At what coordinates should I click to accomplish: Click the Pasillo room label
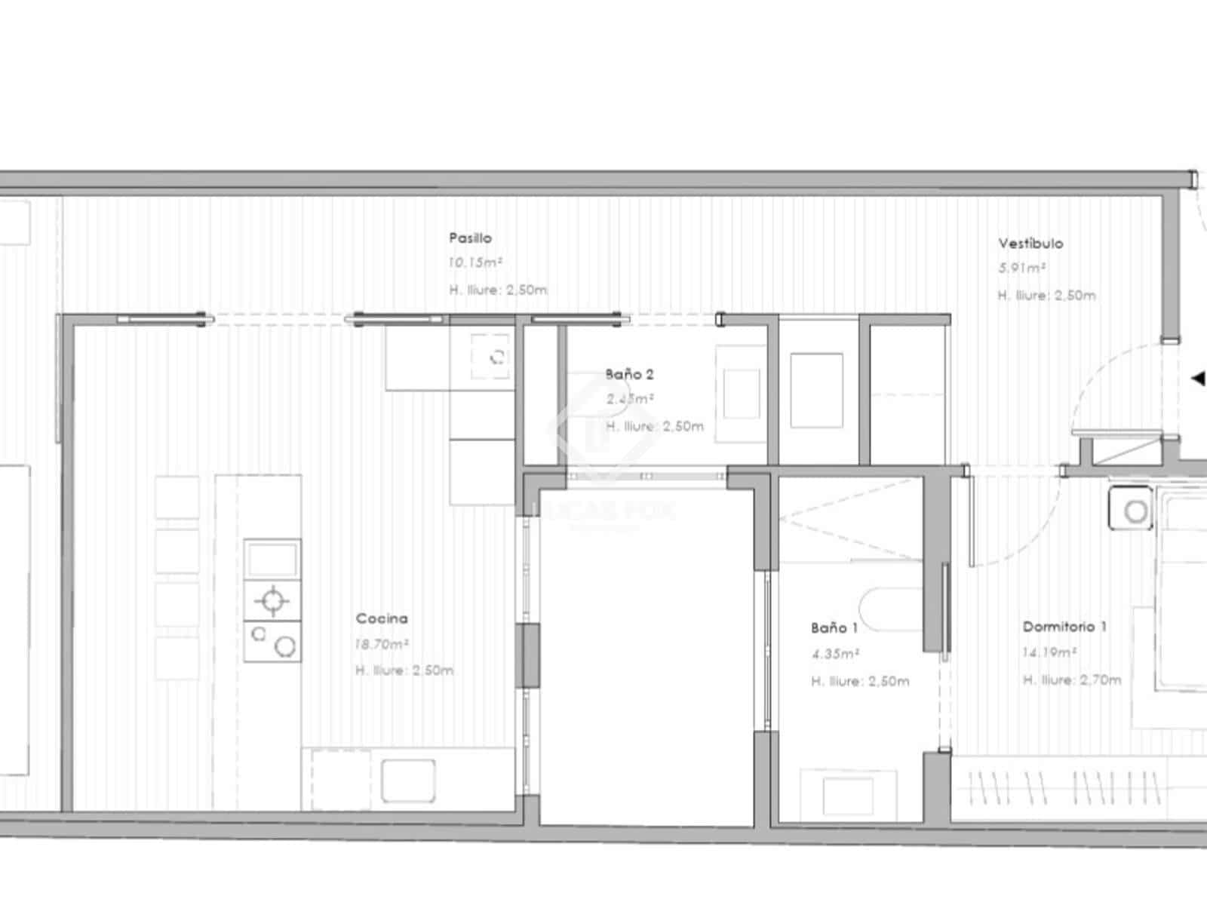tap(470, 238)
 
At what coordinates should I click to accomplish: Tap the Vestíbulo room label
tap(1030, 244)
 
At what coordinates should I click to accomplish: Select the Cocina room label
tap(382, 618)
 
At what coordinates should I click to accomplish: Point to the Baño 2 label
tap(629, 374)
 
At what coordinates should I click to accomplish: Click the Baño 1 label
tap(834, 627)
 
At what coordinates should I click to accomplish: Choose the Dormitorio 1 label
tap(1064, 627)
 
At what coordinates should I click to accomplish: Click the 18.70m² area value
tap(382, 645)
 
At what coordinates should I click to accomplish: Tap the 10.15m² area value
tap(475, 263)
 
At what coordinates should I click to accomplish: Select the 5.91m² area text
tap(1021, 268)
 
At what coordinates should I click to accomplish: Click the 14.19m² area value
tap(1049, 652)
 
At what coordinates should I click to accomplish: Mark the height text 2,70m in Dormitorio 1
tap(1101, 680)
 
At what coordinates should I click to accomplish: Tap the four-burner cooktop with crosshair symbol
tap(272, 600)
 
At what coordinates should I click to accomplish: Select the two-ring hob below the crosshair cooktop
tap(272, 642)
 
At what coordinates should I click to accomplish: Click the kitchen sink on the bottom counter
tap(408, 780)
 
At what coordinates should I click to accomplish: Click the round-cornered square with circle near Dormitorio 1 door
tap(1131, 509)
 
